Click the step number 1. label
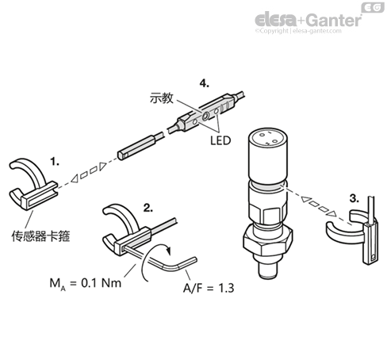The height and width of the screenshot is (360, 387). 55,161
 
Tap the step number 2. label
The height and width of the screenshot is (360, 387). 148,208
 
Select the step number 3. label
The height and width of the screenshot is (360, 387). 354,198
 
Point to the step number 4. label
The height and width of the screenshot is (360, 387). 204,83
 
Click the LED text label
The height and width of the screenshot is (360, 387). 220,140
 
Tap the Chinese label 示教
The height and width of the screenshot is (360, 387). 162,98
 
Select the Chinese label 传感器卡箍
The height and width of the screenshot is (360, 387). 40,236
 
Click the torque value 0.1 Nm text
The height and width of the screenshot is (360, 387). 101,283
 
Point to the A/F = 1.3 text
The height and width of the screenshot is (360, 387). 209,288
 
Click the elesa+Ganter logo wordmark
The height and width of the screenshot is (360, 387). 308,20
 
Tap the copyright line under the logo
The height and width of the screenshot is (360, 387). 298,31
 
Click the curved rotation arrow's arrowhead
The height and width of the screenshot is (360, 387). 168,250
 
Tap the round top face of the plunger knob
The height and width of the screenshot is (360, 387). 267,137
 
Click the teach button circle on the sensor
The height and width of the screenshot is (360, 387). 205,116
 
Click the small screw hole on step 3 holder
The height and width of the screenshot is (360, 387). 373,257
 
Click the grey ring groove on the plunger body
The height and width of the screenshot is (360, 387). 267,186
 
